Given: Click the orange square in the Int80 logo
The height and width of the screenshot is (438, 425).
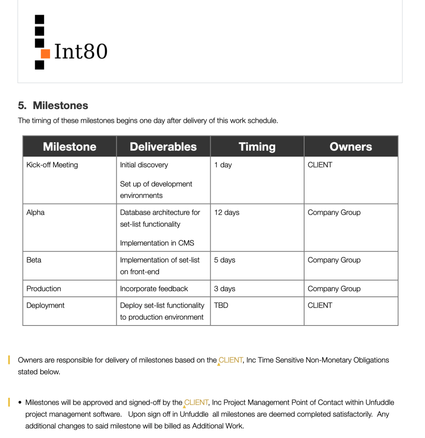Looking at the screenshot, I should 45,53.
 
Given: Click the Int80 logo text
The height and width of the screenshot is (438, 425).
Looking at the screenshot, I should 81,51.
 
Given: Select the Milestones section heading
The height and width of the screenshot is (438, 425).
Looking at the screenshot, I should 53,105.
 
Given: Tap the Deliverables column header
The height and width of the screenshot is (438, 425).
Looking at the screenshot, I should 163,147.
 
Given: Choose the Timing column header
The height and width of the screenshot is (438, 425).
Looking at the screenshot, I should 257,147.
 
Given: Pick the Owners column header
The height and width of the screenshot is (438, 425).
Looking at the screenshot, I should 351,147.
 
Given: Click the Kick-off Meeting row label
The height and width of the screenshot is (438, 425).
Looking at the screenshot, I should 52,165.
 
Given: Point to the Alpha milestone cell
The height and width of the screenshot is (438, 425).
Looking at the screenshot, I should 35,212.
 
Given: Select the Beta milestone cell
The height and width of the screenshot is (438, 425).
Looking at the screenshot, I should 34,260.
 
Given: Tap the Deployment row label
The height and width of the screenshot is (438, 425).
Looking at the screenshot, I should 45,305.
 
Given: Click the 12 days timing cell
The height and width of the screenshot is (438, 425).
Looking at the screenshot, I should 226,212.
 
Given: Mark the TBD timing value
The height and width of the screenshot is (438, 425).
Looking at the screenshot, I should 221,305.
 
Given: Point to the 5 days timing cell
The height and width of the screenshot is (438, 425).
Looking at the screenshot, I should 224,260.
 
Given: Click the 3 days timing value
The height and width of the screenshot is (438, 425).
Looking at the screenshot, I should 224,288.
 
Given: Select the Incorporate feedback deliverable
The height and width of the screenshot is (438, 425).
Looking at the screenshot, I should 154,288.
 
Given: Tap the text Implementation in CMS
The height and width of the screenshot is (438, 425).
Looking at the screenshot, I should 157,243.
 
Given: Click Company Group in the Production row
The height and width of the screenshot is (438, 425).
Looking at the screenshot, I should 334,288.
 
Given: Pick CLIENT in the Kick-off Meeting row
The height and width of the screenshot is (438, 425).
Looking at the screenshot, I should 319,165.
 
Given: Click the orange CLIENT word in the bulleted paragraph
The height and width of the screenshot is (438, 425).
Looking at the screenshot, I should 196,402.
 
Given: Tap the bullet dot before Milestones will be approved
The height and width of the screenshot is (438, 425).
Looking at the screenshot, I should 20,402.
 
